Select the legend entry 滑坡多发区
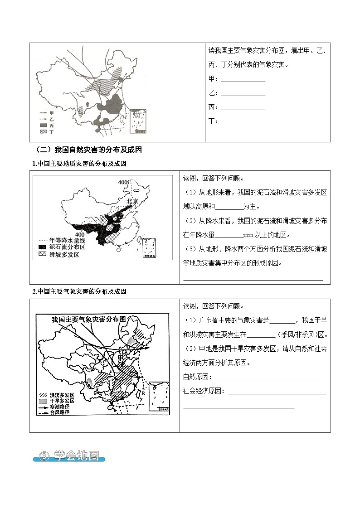tap(59, 255)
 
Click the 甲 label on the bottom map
tap(120, 358)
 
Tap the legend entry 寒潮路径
tap(57, 407)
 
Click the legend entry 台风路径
tap(57, 412)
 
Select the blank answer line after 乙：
tap(243, 96)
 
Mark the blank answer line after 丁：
tap(243, 124)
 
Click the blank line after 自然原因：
tap(267, 380)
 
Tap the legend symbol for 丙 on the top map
tap(44, 125)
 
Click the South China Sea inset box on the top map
tap(139, 121)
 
